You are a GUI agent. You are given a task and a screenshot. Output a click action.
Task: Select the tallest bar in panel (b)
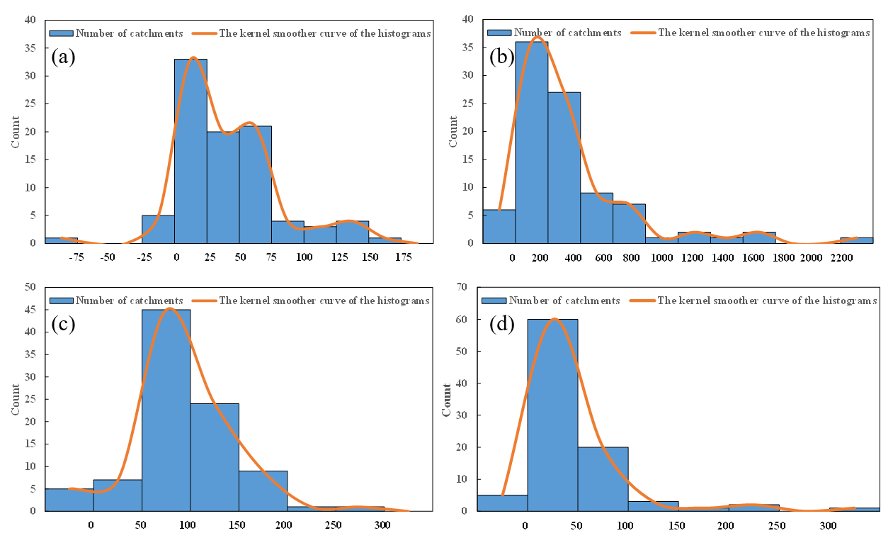tap(531, 142)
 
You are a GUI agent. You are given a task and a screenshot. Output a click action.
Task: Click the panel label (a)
tap(63, 57)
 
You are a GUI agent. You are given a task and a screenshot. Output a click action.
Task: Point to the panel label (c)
tap(63, 324)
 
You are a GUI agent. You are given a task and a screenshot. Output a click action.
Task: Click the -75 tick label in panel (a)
tap(76, 257)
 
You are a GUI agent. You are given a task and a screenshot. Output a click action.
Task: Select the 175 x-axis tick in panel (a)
tap(403, 257)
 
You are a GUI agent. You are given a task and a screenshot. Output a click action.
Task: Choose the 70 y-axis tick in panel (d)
tap(463, 286)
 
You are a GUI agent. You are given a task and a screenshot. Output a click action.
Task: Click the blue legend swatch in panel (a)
tap(61, 33)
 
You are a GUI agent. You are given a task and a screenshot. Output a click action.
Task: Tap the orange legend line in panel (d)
tap(641, 301)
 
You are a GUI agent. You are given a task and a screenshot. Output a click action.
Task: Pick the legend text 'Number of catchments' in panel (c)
tap(130, 301)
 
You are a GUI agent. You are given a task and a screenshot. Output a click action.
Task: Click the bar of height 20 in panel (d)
tap(603, 478)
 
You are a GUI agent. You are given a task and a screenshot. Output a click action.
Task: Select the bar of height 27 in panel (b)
tap(564, 167)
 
